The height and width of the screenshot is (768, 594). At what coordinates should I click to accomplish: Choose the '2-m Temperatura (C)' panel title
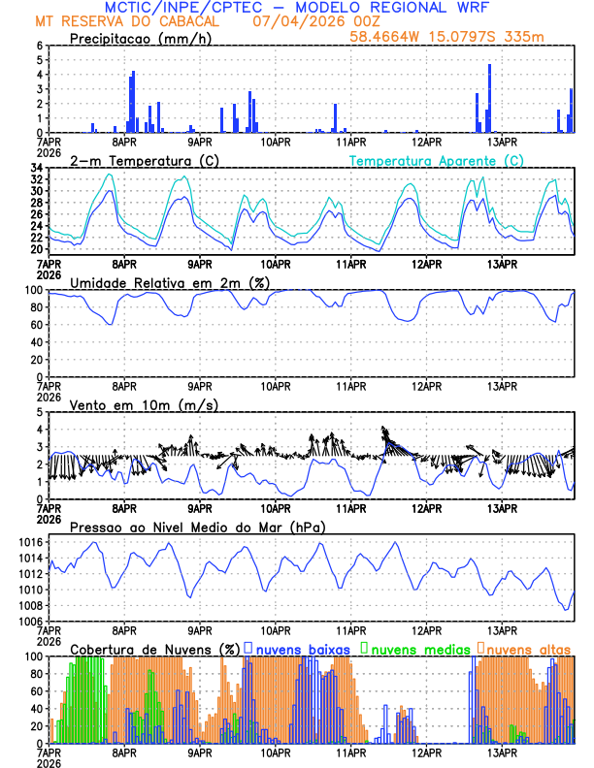pyautogui.click(x=144, y=160)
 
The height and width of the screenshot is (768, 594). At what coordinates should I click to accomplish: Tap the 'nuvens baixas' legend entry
pyautogui.click(x=302, y=648)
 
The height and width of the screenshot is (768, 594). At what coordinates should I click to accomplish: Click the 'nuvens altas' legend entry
pyautogui.click(x=529, y=648)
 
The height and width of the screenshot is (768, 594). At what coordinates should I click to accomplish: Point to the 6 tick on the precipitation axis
pyautogui.click(x=40, y=46)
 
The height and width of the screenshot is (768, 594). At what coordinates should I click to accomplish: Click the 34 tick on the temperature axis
pyautogui.click(x=36, y=168)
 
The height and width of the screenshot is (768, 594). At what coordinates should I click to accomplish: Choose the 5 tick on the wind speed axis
pyautogui.click(x=40, y=412)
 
